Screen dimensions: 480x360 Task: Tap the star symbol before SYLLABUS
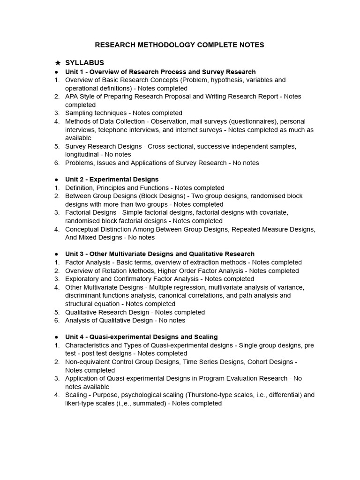click(x=58, y=63)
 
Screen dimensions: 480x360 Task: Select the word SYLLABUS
click(x=84, y=63)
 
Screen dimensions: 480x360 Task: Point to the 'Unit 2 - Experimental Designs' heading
click(x=112, y=179)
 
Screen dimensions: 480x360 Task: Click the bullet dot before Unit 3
click(x=56, y=254)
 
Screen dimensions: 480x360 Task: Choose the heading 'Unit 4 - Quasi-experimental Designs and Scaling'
click(x=141, y=337)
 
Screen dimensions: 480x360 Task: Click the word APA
click(x=72, y=97)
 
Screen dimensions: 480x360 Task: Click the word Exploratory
click(x=82, y=279)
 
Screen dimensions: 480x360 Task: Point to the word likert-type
click(x=82, y=403)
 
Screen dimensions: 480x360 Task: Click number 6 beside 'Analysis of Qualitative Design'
click(x=56, y=320)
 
